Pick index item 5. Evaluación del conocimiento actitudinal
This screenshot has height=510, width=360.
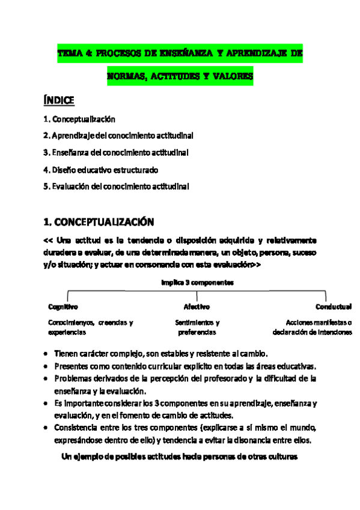click(117, 186)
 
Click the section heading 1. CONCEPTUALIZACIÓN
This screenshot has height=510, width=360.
click(99, 221)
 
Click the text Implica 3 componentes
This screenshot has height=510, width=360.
click(197, 281)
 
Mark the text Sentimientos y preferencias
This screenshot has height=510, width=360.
click(197, 327)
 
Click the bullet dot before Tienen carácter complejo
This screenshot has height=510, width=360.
click(47, 354)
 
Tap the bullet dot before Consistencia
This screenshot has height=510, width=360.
click(47, 428)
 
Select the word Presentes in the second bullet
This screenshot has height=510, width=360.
click(70, 366)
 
